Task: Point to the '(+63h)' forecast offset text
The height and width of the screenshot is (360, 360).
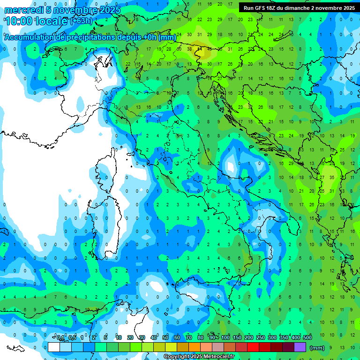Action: (x=81, y=21)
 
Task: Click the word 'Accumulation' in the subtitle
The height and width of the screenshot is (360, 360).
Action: (x=30, y=37)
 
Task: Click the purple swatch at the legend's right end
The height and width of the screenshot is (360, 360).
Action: (x=300, y=347)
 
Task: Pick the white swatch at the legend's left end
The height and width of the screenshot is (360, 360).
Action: (x=54, y=347)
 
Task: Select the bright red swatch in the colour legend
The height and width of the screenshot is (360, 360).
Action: (x=253, y=347)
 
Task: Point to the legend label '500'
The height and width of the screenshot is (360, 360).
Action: (x=307, y=338)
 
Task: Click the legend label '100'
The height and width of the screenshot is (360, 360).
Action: (x=225, y=338)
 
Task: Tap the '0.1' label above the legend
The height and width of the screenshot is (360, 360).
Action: (x=60, y=338)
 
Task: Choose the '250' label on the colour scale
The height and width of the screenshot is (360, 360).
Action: (x=260, y=338)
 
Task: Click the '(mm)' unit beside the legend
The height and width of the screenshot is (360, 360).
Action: (x=317, y=348)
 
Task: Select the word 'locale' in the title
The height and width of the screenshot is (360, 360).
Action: (x=54, y=21)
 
